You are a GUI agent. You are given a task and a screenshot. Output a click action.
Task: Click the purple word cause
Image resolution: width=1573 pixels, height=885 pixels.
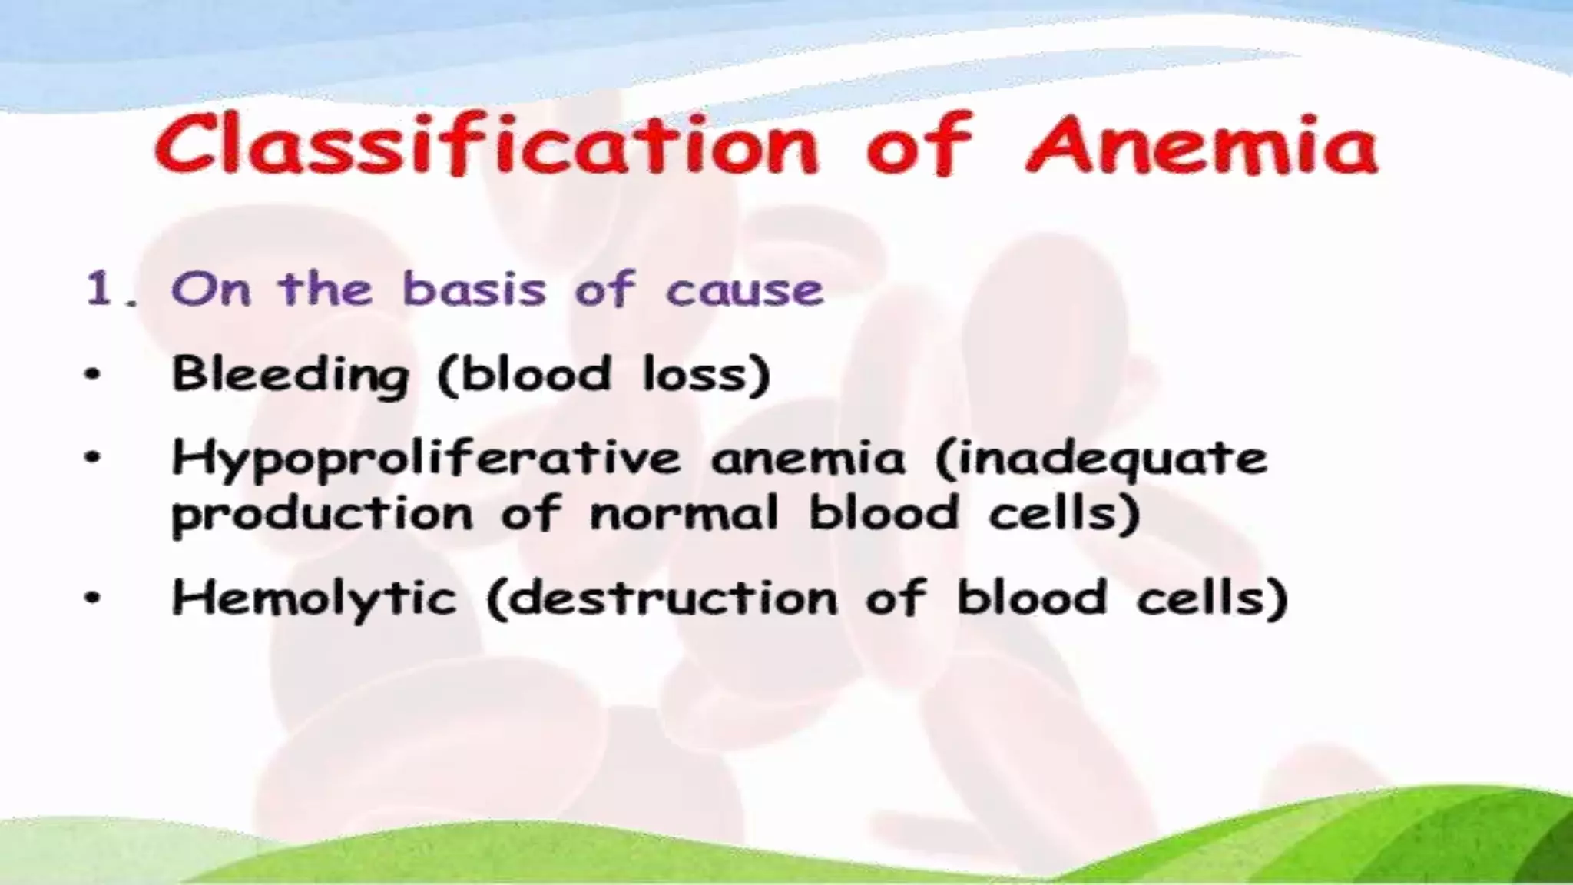[744, 290]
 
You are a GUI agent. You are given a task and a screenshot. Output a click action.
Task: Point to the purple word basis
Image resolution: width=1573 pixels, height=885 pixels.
[475, 290]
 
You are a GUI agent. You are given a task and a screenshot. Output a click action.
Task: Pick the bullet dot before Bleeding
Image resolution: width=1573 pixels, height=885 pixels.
[93, 376]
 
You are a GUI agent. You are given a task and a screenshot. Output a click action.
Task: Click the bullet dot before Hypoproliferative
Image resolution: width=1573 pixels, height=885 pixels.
[93, 459]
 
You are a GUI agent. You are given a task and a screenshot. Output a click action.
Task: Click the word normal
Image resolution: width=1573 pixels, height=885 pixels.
[684, 512]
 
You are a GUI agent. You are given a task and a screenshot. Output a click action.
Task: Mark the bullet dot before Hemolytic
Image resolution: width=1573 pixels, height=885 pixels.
[93, 598]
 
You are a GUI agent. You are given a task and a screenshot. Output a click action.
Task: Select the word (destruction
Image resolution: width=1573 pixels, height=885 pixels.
[661, 598]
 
